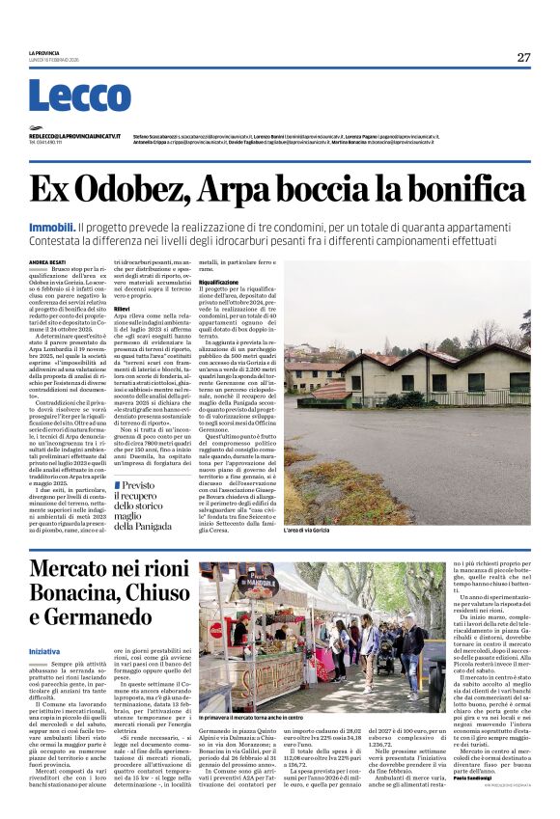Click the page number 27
[x=523, y=57]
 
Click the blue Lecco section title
[x=79, y=96]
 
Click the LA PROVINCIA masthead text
[x=44, y=52]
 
